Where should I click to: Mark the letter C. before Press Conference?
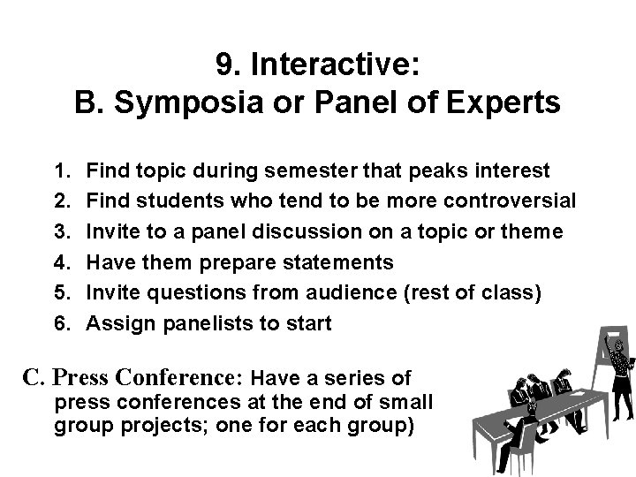[34, 379]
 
